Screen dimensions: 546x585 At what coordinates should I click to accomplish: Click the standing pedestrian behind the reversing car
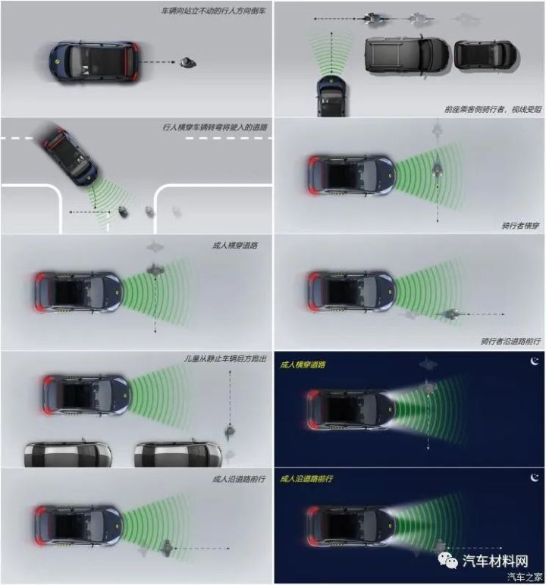pos(188,62)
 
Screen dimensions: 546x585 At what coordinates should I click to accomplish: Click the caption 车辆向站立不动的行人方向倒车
pos(213,11)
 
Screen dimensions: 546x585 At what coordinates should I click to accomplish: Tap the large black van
pos(406,56)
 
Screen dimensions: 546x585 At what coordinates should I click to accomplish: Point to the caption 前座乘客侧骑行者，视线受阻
pos(493,109)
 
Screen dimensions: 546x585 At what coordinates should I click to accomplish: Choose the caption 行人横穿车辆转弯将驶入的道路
pos(215,127)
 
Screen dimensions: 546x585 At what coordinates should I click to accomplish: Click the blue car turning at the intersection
pos(70,157)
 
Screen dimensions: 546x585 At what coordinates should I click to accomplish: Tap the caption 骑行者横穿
pos(520,225)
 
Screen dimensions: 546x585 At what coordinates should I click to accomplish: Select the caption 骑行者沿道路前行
pos(510,341)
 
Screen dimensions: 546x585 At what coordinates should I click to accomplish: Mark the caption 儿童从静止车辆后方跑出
pos(224,359)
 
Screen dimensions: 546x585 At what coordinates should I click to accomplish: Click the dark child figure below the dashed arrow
pos(230,433)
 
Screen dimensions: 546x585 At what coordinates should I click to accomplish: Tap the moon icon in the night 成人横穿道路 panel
pos(535,361)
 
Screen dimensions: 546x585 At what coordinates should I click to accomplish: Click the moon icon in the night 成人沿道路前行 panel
pos(535,477)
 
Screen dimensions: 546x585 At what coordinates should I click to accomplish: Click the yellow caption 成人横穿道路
pos(303,364)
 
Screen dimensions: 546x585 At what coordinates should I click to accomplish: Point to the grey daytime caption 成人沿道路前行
pos(239,479)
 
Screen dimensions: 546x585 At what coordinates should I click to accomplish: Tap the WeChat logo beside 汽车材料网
pos(448,561)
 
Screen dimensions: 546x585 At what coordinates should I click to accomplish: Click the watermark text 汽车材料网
pos(495,561)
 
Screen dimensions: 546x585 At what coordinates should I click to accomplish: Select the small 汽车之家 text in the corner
pos(525,577)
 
